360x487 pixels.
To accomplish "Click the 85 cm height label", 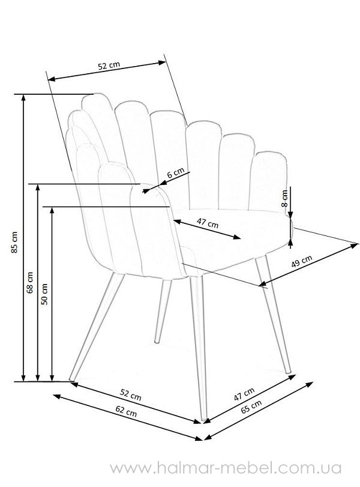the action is click(14, 242).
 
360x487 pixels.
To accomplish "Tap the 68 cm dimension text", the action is click(30, 283).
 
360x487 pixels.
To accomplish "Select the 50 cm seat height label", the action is click(44, 294).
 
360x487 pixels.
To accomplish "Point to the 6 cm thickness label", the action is click(176, 172).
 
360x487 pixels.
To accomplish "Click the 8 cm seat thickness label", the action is click(284, 198).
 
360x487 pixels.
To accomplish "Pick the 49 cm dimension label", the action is click(302, 261).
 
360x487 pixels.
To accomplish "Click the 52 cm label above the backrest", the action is click(109, 65).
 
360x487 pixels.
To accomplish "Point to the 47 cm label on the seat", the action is click(208, 223).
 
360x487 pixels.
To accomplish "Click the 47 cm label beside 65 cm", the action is click(244, 394).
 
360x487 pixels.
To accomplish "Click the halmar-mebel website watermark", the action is click(226, 468).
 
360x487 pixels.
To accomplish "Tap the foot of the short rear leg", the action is click(157, 342).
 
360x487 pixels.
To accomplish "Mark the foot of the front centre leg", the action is click(204, 419).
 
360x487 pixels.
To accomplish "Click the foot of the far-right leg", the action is click(289, 371).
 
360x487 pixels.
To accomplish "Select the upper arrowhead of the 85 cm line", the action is click(23, 97).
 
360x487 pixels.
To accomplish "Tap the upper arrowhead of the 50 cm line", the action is click(52, 210).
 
